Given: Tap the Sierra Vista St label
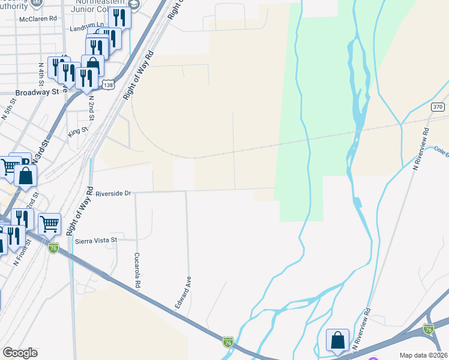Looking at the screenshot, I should (x=98, y=240).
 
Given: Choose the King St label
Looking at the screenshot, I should (x=78, y=130).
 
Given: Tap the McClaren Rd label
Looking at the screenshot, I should (x=37, y=18).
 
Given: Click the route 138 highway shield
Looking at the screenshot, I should (x=108, y=85).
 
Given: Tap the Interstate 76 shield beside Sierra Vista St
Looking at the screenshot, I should (x=53, y=248).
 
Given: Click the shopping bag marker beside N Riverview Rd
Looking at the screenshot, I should (x=337, y=340).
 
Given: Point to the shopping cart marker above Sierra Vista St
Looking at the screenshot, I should (x=49, y=224).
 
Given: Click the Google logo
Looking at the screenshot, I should (x=20, y=353).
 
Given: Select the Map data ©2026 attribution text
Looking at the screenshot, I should (x=423, y=355).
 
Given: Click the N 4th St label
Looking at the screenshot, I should (x=41, y=73).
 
